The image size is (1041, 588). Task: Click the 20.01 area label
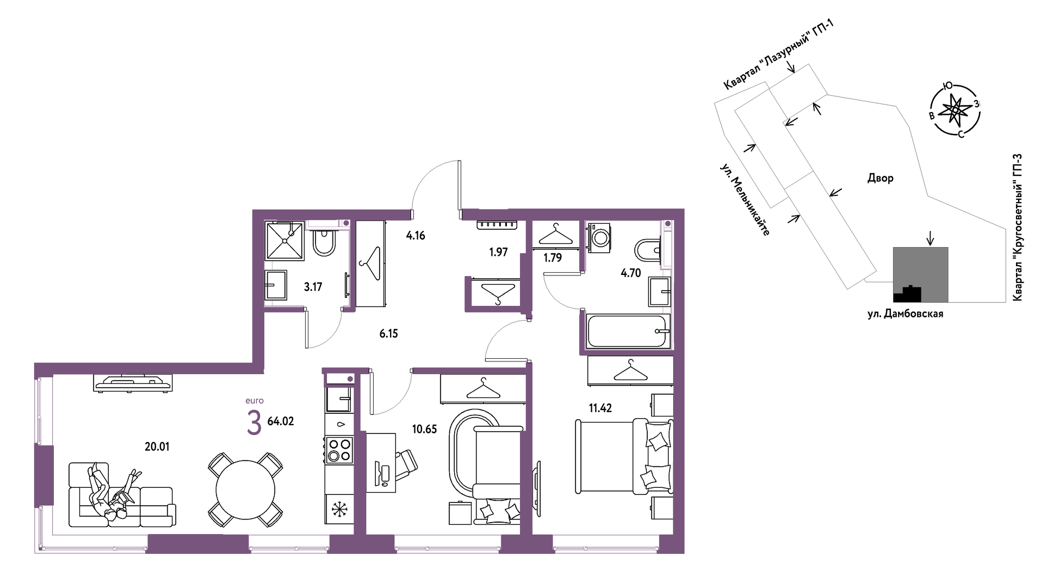click(x=157, y=446)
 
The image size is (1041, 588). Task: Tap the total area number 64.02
click(x=281, y=421)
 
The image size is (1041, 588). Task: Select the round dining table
click(x=245, y=490)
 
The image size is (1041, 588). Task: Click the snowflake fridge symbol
click(x=340, y=510)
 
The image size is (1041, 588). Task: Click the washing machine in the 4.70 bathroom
click(x=599, y=237)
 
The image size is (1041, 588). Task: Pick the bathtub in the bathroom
click(x=627, y=331)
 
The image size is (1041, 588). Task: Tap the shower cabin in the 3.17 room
click(x=284, y=241)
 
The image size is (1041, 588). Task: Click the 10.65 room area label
click(x=424, y=429)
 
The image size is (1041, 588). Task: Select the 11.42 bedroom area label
click(x=600, y=408)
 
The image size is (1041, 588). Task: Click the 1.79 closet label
click(x=553, y=258)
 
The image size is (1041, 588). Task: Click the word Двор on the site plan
click(x=880, y=178)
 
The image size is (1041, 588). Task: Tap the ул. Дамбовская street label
click(x=905, y=314)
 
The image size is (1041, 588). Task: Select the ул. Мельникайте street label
click(x=745, y=199)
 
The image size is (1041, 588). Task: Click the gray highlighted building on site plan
click(x=921, y=274)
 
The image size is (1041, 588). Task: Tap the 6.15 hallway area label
click(x=389, y=334)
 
